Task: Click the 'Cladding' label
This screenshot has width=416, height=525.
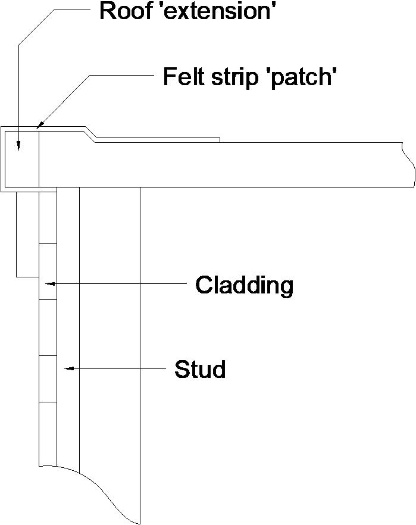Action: (x=245, y=286)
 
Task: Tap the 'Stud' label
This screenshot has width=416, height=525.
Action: (x=200, y=370)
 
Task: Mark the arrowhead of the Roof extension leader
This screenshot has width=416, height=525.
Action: (x=18, y=146)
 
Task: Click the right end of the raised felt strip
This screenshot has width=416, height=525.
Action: (x=219, y=140)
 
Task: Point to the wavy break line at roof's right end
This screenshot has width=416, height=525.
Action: (x=409, y=165)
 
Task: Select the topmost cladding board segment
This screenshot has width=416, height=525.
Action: (x=48, y=217)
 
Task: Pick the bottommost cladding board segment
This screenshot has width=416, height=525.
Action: (x=48, y=433)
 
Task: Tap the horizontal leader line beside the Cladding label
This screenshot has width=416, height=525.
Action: (x=119, y=284)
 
